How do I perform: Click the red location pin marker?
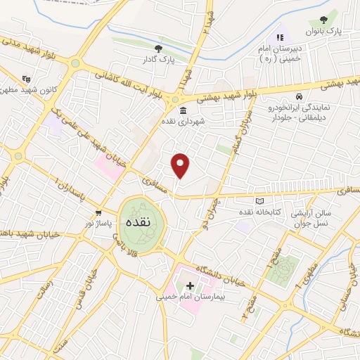pyautogui.click(x=181, y=165)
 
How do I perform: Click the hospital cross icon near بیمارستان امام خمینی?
pyautogui.click(x=190, y=286)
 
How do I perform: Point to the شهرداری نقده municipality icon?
pyautogui.click(x=184, y=111)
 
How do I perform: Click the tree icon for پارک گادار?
pyautogui.click(x=159, y=49)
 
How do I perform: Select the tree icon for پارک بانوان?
pyautogui.click(x=323, y=20)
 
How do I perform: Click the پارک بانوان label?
pyautogui.click(x=323, y=32)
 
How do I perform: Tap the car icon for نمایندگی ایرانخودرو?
pyautogui.click(x=300, y=96)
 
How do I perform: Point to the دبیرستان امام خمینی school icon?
pyautogui.click(x=280, y=37)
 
